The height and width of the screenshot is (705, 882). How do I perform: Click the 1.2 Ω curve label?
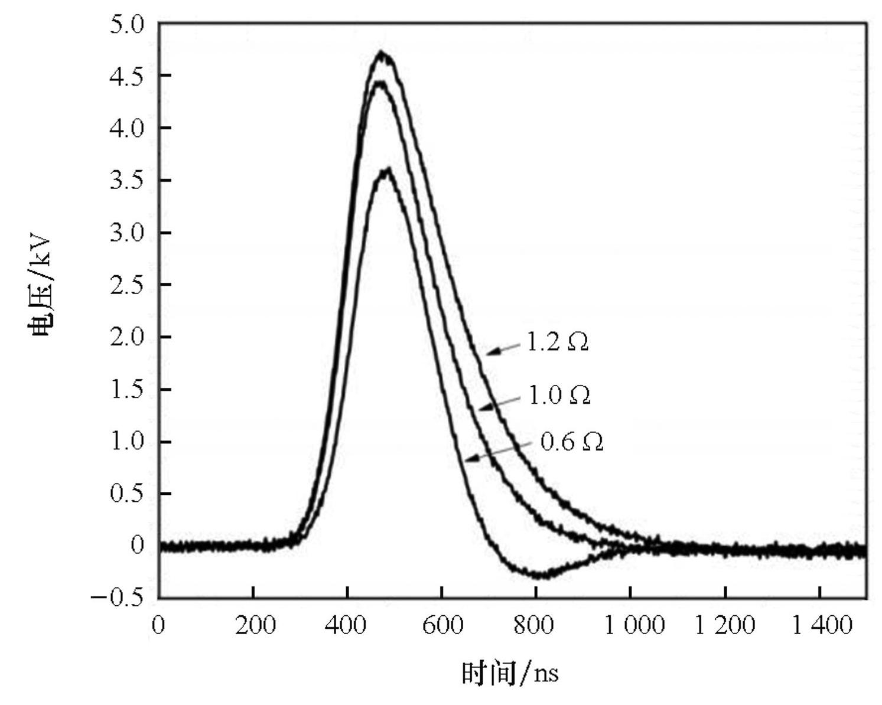(x=557, y=342)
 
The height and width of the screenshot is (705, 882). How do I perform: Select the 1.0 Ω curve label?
(x=559, y=395)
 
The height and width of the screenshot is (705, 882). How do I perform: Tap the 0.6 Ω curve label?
(x=572, y=442)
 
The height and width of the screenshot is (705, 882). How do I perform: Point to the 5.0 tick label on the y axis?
(x=126, y=24)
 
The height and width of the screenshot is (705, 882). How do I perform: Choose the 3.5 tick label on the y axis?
(x=126, y=181)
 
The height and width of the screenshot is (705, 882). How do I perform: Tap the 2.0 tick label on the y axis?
(x=126, y=337)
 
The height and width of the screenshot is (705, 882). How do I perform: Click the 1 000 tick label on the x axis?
(x=634, y=625)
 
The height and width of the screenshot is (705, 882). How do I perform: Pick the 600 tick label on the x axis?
(x=442, y=625)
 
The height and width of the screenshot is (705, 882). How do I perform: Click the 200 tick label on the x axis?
(x=255, y=625)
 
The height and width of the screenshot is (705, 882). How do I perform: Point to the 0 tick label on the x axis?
(x=158, y=625)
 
